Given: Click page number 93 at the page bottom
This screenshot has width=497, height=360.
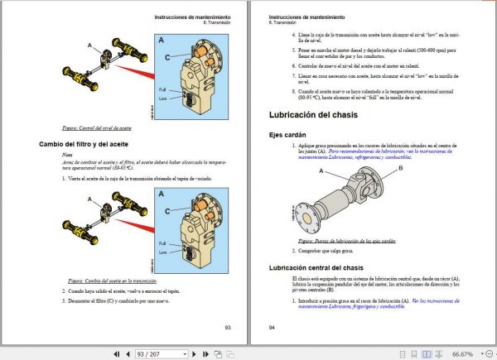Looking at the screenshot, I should click(228, 327).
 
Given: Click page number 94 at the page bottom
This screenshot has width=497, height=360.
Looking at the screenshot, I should click(273, 327).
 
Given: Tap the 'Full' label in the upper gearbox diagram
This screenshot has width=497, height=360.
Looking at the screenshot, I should click(162, 89).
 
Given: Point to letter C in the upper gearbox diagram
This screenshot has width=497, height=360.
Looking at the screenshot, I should click(169, 56).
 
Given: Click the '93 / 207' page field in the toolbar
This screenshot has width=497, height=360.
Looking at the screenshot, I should click(160, 353).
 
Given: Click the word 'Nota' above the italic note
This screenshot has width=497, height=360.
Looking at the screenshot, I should click(67, 155).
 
